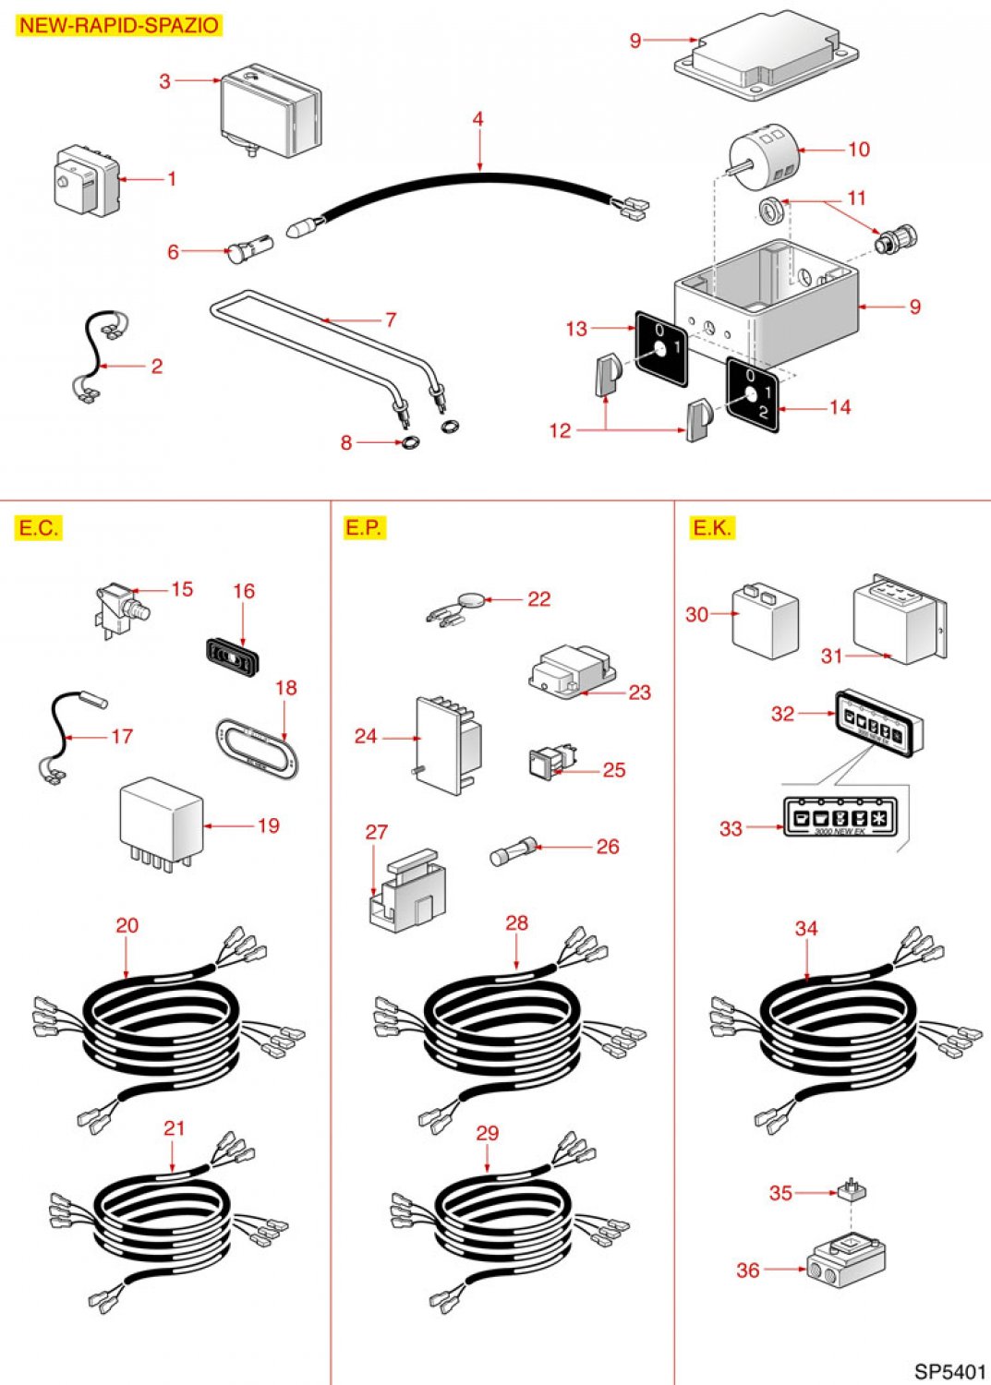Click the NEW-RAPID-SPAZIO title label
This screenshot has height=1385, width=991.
[119, 25]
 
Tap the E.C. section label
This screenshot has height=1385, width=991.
[38, 528]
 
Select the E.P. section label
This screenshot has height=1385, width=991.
[363, 527]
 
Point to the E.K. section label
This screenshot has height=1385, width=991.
[712, 527]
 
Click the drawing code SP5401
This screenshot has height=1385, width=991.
[950, 1371]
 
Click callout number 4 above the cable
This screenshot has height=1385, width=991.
[477, 119]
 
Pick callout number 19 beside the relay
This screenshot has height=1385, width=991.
[268, 825]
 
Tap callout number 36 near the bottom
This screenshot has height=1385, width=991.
[748, 1271]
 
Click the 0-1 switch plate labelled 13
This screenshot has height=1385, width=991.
[661, 349]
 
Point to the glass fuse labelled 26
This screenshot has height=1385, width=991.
[513, 851]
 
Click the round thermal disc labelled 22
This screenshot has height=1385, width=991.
[473, 600]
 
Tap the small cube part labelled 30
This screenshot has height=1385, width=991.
[765, 620]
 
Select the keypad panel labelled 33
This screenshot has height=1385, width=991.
[839, 817]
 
